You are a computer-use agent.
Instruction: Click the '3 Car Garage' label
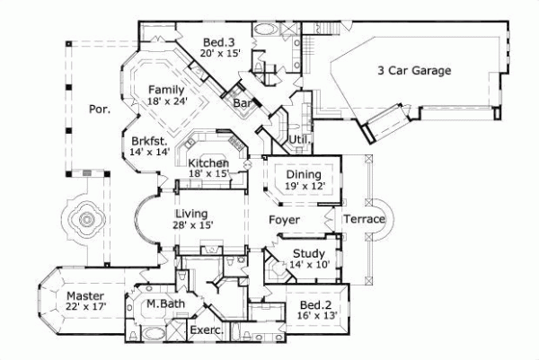coord(413,70)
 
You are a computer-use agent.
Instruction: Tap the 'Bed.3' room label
coord(217,42)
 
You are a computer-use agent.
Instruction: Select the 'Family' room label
coord(166,90)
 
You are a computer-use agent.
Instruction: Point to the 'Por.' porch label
coord(99,110)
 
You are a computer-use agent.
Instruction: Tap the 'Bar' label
coord(242,104)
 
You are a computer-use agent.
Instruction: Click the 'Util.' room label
coord(298,140)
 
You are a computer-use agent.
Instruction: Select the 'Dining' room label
coord(305,173)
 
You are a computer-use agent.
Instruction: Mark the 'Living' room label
coord(191,214)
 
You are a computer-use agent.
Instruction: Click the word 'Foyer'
coord(284,219)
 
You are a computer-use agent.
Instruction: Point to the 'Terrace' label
coord(365,220)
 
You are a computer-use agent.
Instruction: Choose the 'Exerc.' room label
coord(207,331)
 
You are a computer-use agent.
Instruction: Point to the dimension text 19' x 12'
coord(305,186)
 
